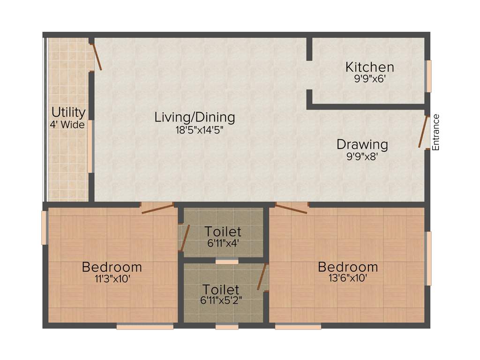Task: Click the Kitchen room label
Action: coord(369,67)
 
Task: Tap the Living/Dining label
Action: coord(195,117)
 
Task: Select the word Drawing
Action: coord(362,144)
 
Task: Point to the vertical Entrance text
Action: coord(436,132)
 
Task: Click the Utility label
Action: coord(68,112)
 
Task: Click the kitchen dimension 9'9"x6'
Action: coord(369,79)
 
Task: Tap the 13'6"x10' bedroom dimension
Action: coord(347,278)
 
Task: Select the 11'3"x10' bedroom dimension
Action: coord(112,278)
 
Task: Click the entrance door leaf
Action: coord(424,132)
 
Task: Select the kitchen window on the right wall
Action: coord(428,76)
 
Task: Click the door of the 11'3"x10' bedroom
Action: coord(157,209)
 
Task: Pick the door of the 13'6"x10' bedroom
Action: coord(291,208)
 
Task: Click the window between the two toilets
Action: coord(227,262)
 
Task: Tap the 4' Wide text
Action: coord(67,125)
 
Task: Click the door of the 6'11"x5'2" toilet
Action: coord(262,277)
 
